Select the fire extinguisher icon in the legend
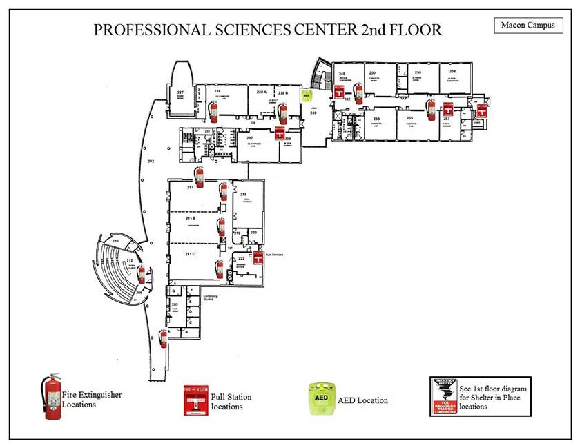pyautogui.click(x=52, y=397)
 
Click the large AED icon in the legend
pyautogui.click(x=321, y=399)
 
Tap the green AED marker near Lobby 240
pyautogui.click(x=307, y=97)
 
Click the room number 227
pyautogui.click(x=180, y=92)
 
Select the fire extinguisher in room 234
pyautogui.click(x=213, y=110)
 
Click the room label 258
pyautogui.click(x=453, y=72)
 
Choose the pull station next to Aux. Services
pyautogui.click(x=258, y=257)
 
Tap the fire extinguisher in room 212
pyautogui.click(x=142, y=273)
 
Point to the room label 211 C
pyautogui.click(x=191, y=254)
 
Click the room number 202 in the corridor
pyautogui.click(x=150, y=161)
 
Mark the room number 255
pyautogui.click(x=409, y=119)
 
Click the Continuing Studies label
pyautogui.click(x=211, y=298)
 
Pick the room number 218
pyautogui.click(x=243, y=195)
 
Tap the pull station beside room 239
pyautogui.click(x=280, y=133)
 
